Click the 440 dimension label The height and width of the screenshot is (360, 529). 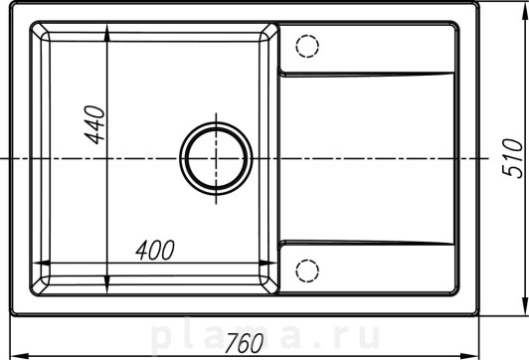click(95, 125)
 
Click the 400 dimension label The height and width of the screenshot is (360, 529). click(155, 251)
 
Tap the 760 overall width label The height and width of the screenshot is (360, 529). click(244, 343)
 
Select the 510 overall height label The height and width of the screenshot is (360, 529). click(512, 158)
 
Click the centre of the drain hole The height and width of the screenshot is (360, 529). click(216, 158)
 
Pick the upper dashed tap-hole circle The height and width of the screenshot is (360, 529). click(307, 46)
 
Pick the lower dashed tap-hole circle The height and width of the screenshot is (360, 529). click(307, 270)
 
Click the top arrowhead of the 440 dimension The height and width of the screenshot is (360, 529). click(107, 33)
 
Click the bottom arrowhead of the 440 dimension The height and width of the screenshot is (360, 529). click(107, 284)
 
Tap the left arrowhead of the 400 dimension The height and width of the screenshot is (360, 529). click(41, 263)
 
